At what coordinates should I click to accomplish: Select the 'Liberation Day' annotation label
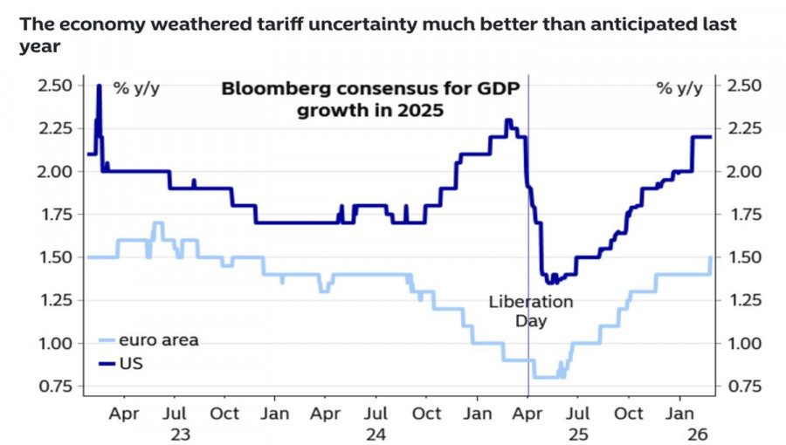pyautogui.click(x=530, y=311)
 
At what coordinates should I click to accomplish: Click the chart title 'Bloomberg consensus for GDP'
pyautogui.click(x=369, y=88)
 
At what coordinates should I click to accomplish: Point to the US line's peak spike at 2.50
pyautogui.click(x=99, y=86)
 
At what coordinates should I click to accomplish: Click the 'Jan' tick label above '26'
pyautogui.click(x=679, y=413)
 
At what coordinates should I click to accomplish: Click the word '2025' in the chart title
pyautogui.click(x=416, y=111)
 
